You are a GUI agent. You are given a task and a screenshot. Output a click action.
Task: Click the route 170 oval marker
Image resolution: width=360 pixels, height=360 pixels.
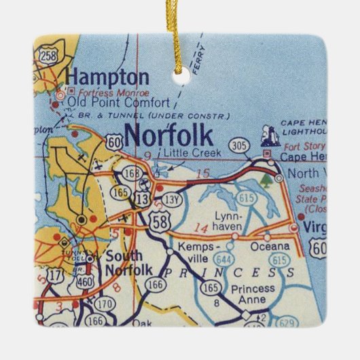tap(105, 304)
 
